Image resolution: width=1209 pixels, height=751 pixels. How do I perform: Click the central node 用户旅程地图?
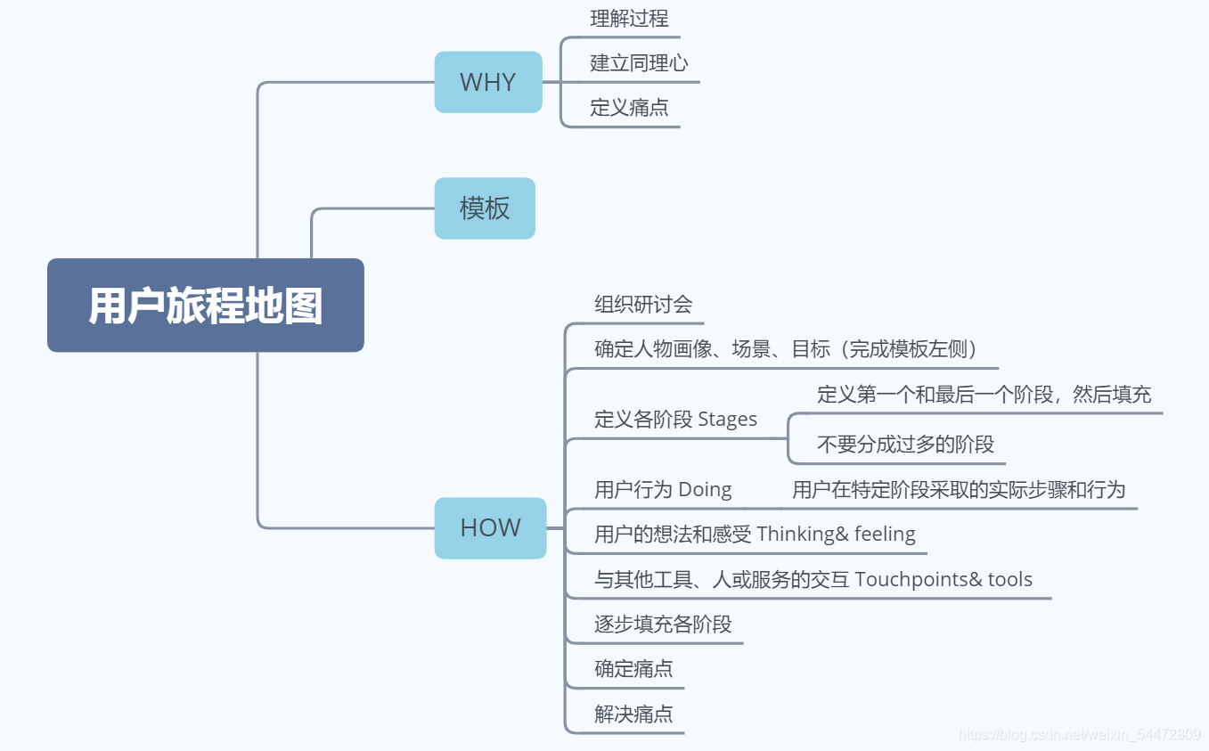(x=205, y=306)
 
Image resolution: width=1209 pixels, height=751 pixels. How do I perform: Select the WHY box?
(x=487, y=82)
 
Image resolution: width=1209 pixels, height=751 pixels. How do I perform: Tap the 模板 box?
(x=485, y=208)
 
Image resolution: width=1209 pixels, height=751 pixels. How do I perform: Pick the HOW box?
(x=490, y=527)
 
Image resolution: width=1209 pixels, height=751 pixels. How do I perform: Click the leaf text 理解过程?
(x=629, y=19)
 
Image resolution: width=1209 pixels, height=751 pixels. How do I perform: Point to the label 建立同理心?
(x=639, y=63)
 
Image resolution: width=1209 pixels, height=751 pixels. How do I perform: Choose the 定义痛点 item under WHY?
(x=629, y=109)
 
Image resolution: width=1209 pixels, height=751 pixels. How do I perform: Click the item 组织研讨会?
(x=643, y=305)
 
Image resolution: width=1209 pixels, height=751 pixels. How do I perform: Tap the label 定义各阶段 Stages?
(x=675, y=420)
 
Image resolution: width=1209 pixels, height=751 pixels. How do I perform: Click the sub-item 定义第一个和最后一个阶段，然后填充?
(x=984, y=394)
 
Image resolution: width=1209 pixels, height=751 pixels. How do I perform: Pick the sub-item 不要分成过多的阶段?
(x=905, y=445)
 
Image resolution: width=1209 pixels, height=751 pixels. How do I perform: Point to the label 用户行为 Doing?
(x=663, y=490)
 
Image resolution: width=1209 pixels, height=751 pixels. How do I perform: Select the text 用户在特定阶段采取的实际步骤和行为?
(x=959, y=490)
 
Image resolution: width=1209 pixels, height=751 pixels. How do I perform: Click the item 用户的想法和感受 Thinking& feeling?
(x=755, y=535)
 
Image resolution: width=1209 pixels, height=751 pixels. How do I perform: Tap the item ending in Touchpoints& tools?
(x=813, y=580)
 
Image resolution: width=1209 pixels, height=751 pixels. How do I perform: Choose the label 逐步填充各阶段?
(x=663, y=624)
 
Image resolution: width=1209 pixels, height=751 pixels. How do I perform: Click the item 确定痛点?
(x=633, y=669)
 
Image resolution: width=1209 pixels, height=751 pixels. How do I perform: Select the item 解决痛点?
(x=633, y=714)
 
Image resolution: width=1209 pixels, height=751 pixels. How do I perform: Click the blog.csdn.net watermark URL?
(x=1079, y=735)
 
